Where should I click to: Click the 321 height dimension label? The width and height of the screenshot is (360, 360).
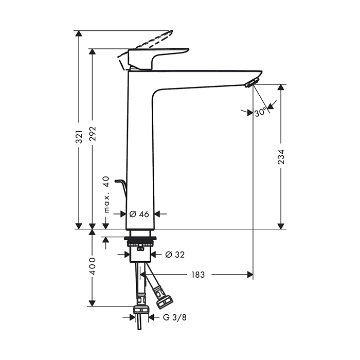(x=79, y=136)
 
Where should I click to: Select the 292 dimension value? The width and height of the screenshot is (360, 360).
(x=93, y=133)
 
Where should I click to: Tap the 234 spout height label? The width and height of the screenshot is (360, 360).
(x=281, y=157)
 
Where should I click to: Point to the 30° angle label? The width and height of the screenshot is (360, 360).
(x=261, y=112)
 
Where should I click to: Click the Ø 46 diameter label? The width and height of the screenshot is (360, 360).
(x=139, y=214)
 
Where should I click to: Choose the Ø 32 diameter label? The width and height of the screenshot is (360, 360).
(x=175, y=255)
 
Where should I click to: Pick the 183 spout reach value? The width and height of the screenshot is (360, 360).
(x=198, y=275)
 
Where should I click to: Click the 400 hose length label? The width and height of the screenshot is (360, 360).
(x=93, y=266)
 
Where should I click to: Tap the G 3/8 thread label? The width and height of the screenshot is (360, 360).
(x=175, y=317)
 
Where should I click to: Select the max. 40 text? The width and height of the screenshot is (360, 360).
(x=106, y=195)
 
